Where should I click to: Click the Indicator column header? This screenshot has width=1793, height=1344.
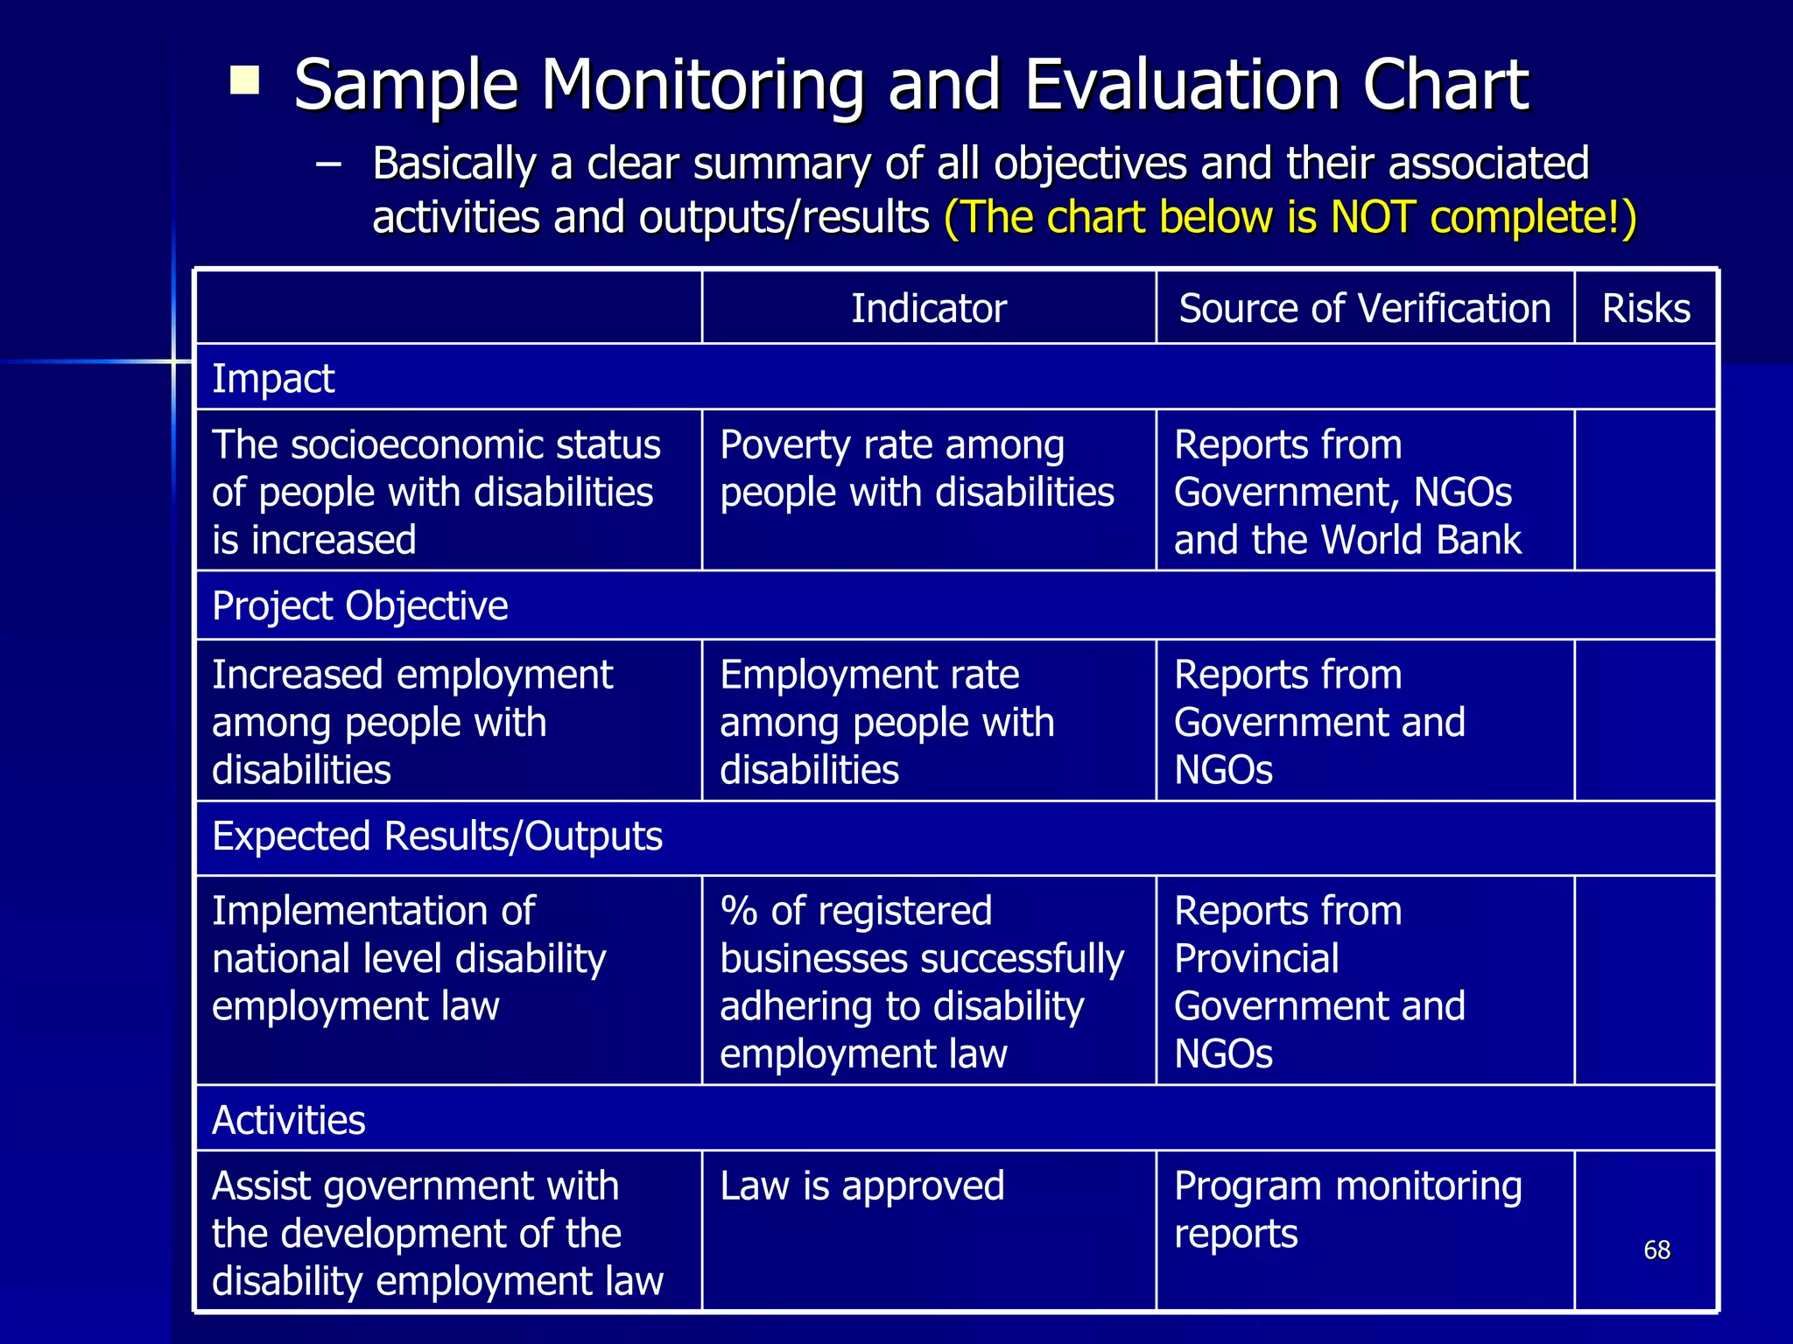(x=929, y=309)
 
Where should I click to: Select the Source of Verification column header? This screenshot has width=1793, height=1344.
(x=1364, y=309)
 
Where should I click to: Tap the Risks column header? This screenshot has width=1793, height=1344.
(x=1646, y=309)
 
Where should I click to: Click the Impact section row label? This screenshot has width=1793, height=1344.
(x=273, y=379)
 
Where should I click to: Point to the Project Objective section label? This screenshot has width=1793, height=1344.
(x=360, y=606)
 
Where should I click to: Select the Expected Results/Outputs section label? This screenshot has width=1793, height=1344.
(x=437, y=836)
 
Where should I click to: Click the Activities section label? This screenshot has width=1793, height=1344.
(x=288, y=1121)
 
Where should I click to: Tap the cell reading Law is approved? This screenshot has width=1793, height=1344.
(x=861, y=1186)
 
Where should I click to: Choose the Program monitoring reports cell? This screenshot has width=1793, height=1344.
(x=1347, y=1210)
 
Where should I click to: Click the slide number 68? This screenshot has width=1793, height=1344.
(x=1656, y=1249)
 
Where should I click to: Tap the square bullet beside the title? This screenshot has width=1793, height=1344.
(x=244, y=80)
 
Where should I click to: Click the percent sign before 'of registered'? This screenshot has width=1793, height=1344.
(x=738, y=912)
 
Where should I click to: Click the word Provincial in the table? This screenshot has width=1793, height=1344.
(x=1256, y=959)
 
